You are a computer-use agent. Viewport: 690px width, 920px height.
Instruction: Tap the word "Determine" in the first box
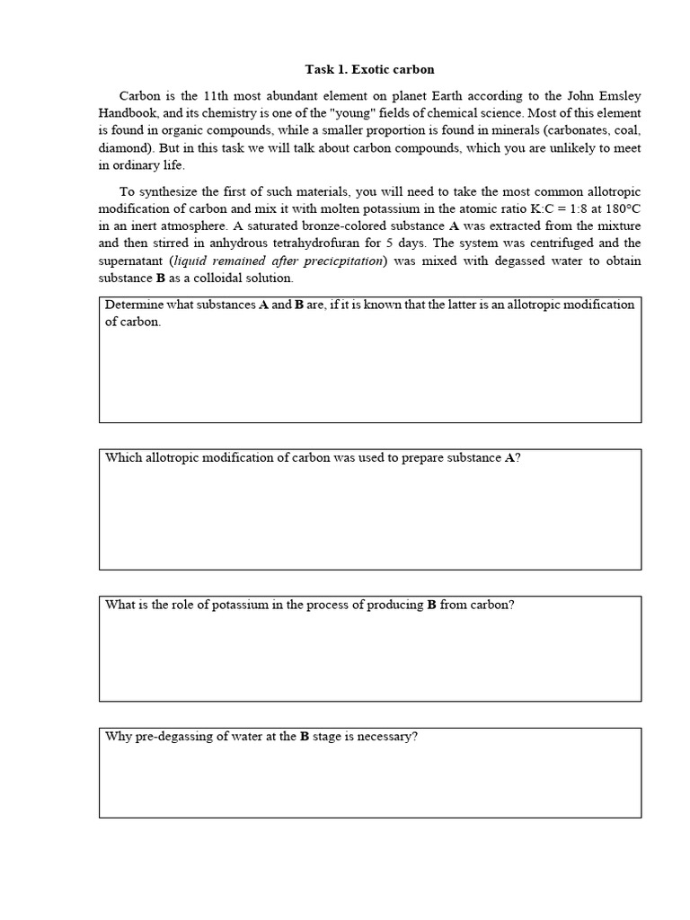point(134,305)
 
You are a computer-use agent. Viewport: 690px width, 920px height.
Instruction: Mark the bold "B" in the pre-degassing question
point(305,737)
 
